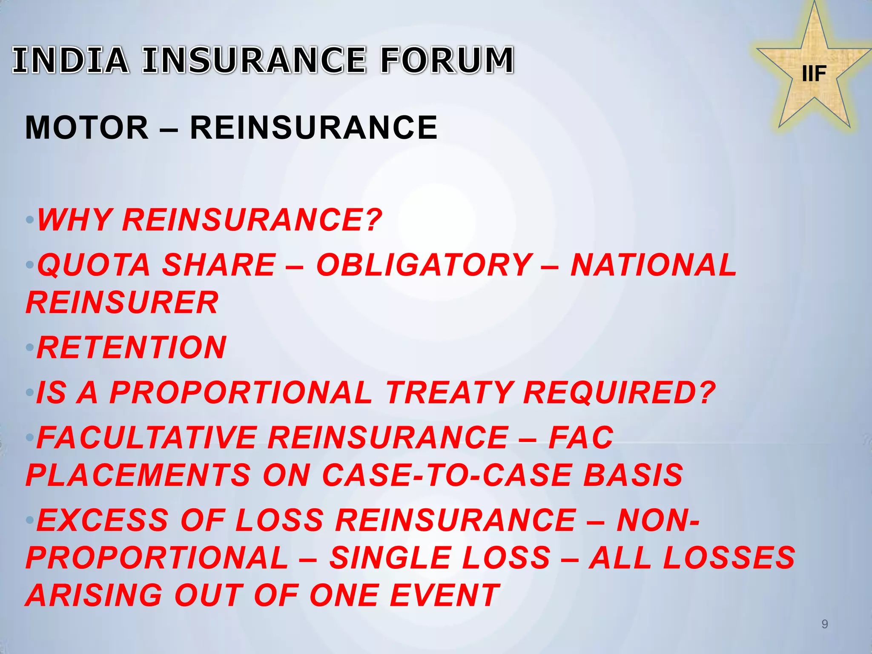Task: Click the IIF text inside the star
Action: tap(814, 74)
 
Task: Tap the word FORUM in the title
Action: tap(447, 60)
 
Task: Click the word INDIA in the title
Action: tap(71, 60)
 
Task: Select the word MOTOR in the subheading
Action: tap(87, 128)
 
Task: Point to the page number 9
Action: tap(824, 624)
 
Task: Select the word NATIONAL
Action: tap(654, 265)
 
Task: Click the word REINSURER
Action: tap(122, 303)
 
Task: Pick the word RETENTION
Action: tap(132, 348)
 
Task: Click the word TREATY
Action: tap(450, 393)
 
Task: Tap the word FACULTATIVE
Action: tap(147, 438)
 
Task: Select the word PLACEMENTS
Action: tap(138, 475)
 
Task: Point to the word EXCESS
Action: tap(103, 520)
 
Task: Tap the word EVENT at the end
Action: tap(445, 595)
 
